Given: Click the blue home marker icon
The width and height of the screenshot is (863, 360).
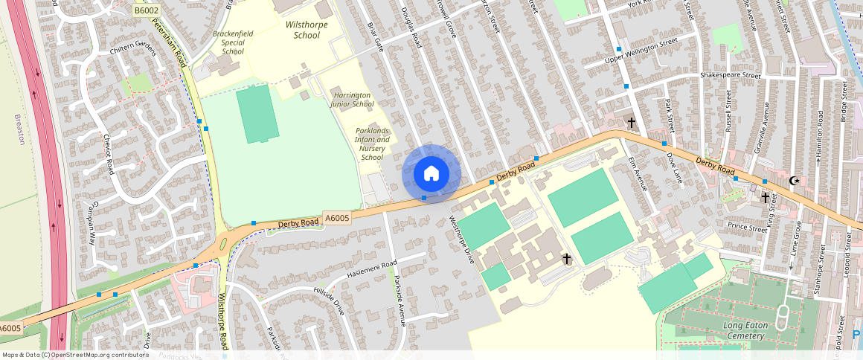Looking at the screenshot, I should click(x=431, y=174).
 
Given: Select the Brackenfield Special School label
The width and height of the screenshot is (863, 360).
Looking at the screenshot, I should click(x=233, y=42).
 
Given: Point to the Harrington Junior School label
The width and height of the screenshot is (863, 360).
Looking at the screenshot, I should click(x=353, y=100).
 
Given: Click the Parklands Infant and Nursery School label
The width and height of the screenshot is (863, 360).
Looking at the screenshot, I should click(x=372, y=144).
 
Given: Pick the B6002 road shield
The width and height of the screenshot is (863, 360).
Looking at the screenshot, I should click(x=147, y=10).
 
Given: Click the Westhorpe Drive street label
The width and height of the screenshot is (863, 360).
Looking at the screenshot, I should click(x=461, y=240).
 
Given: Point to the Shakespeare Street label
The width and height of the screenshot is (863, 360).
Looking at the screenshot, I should click(x=730, y=75).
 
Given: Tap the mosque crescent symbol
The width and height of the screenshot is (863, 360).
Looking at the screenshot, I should click(x=795, y=180).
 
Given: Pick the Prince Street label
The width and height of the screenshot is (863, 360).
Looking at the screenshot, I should click(x=748, y=228).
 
